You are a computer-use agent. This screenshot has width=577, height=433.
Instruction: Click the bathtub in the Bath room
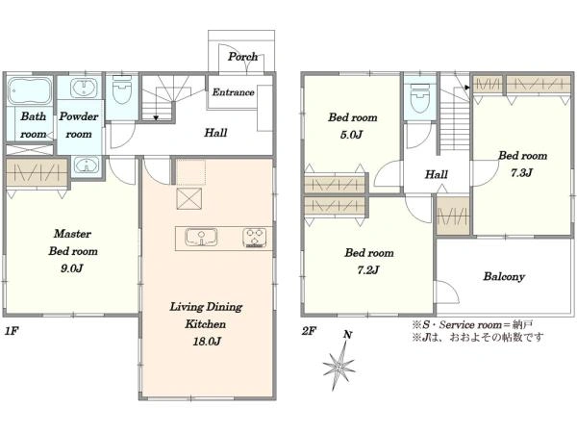pos(30,90)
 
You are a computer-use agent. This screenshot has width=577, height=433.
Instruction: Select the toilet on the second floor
pos(420,98)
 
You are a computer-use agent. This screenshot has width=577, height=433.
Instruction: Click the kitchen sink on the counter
pos(201,237)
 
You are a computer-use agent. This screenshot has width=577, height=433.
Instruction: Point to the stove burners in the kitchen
pos(254,238)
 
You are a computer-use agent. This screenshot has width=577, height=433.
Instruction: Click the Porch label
pos(243,57)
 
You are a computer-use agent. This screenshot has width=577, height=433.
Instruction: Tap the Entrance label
pos(234,92)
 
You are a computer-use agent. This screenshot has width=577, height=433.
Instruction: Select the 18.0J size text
pos(207,342)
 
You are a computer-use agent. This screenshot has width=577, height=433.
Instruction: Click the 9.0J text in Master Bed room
pos(72,268)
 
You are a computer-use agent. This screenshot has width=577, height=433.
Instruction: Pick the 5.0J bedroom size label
pos(351,135)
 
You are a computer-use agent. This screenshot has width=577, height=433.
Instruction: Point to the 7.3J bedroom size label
pos(521,172)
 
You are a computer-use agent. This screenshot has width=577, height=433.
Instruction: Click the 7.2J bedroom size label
pos(368,270)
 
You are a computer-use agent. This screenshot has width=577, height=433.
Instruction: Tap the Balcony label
pos(504,276)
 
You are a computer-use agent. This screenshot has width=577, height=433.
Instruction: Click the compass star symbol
pos(339,367)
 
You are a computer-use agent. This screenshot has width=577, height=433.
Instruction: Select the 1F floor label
pos(11,331)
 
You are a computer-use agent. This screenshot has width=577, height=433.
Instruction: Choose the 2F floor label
pos(309,331)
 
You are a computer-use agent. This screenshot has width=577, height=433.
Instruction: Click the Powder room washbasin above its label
pos(85,88)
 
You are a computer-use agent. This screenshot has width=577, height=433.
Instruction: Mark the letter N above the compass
pos(348,335)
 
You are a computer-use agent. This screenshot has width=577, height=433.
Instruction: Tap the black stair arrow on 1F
pos(156,117)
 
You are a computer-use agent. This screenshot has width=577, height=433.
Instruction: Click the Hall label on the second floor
pos(437,174)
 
